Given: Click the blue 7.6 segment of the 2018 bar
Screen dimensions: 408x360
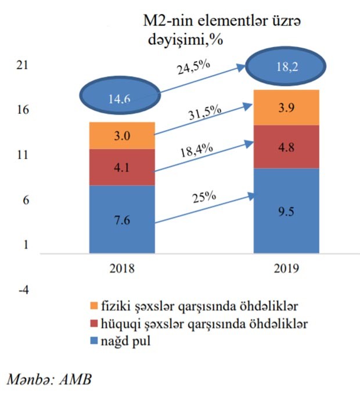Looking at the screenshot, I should point(122,219).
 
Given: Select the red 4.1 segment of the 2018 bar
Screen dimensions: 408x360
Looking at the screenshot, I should point(122,167).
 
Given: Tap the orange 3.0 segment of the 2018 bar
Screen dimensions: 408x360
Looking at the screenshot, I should point(122,135).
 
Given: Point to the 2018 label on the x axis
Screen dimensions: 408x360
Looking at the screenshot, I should point(122,269).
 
